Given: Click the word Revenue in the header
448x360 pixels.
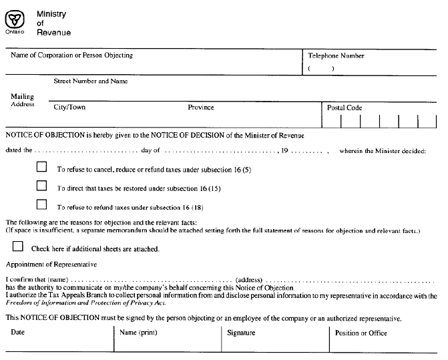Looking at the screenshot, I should (53, 33).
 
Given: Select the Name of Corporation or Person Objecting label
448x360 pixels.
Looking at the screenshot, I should (71, 55).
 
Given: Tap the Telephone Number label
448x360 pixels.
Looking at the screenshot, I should (336, 56).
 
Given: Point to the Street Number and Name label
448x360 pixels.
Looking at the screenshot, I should (90, 81).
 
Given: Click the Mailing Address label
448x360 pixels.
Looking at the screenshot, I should (22, 100).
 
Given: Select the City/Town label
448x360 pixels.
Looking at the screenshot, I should (69, 108).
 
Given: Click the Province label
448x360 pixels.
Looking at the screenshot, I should (201, 108).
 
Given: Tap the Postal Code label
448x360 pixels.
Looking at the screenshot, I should (345, 108).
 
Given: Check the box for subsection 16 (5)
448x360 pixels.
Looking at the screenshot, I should (42, 167).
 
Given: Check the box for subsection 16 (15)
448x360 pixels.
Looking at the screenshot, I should (42, 186).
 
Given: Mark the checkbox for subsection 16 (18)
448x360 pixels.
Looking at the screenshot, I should (42, 204).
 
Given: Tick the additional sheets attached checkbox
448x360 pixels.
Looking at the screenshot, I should (17, 246).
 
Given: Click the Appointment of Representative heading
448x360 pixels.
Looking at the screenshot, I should (51, 264).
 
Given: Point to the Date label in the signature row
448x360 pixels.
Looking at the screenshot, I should (18, 332).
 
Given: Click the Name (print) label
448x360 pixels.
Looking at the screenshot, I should (138, 332).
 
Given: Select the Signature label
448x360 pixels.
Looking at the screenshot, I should (241, 332).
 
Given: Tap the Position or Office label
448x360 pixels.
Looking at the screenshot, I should (361, 333).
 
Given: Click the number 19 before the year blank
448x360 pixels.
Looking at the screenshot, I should (284, 151).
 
